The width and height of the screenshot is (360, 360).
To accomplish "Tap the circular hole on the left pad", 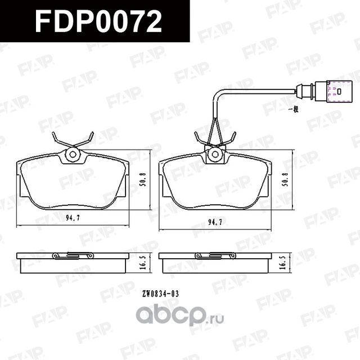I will (73, 155).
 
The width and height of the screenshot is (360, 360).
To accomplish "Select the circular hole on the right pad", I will (214, 154).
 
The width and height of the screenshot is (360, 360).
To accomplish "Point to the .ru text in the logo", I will (217, 318).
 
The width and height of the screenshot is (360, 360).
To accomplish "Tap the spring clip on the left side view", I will (73, 255).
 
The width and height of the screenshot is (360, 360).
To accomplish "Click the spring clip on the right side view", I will (215, 255).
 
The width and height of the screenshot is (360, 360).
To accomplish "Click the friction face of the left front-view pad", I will (73, 183).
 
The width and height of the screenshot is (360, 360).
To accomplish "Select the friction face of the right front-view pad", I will (214, 183).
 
